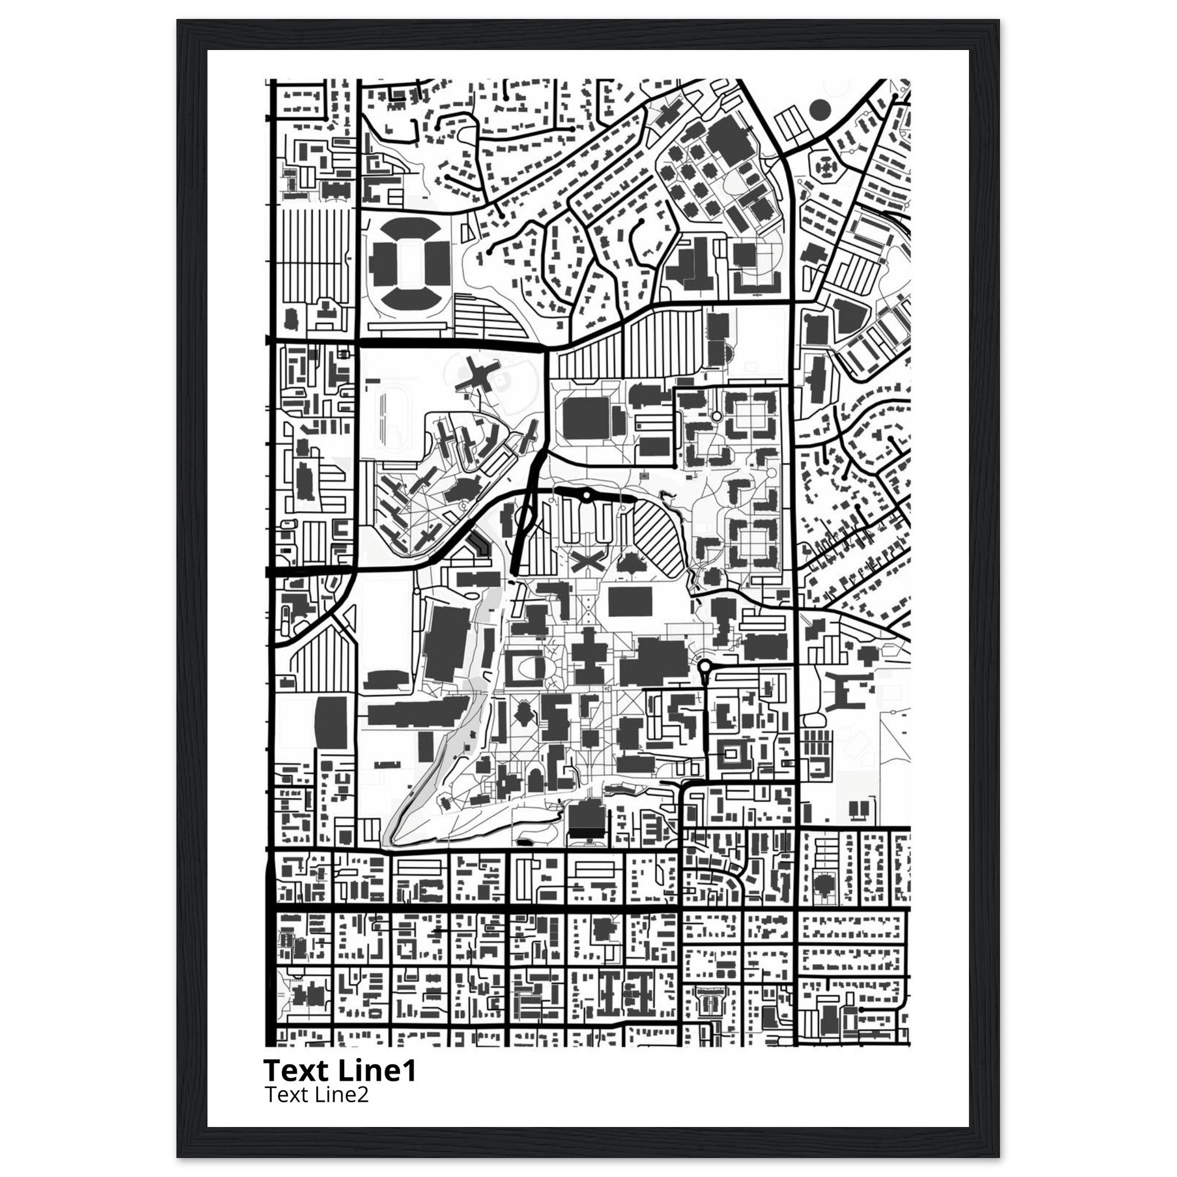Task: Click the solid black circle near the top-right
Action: [820, 110]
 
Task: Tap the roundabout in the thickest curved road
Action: [586, 496]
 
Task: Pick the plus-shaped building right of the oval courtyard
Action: [589, 657]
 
